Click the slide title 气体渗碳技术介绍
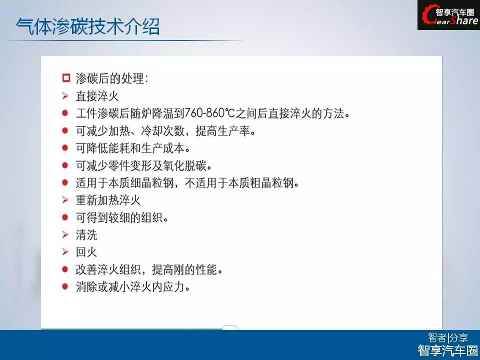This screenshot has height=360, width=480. pos(88,26)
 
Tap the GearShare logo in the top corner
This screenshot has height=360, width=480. pos(449,15)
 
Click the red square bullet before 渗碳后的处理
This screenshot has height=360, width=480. pos(66,78)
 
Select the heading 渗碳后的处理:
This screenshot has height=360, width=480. pos(112,78)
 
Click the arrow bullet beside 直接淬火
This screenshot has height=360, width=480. pos(65,96)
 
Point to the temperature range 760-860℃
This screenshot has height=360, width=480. pos(209,113)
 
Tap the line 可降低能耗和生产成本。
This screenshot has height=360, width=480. pos(133,148)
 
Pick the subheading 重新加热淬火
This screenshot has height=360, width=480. pos(108,200)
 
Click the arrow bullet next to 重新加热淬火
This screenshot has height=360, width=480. pos(65,200)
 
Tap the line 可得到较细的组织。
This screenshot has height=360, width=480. pos(122,217)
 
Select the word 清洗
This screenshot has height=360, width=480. pos(86,235)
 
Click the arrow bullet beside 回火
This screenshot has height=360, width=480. pos(65,252)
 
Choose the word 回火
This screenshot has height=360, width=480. pos(86,252)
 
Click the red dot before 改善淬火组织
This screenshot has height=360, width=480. pos(65,269)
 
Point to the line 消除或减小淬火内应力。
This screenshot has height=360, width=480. pos(133,287)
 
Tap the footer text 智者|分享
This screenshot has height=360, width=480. pos(448,337)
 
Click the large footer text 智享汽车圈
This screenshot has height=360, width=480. pos(448,350)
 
